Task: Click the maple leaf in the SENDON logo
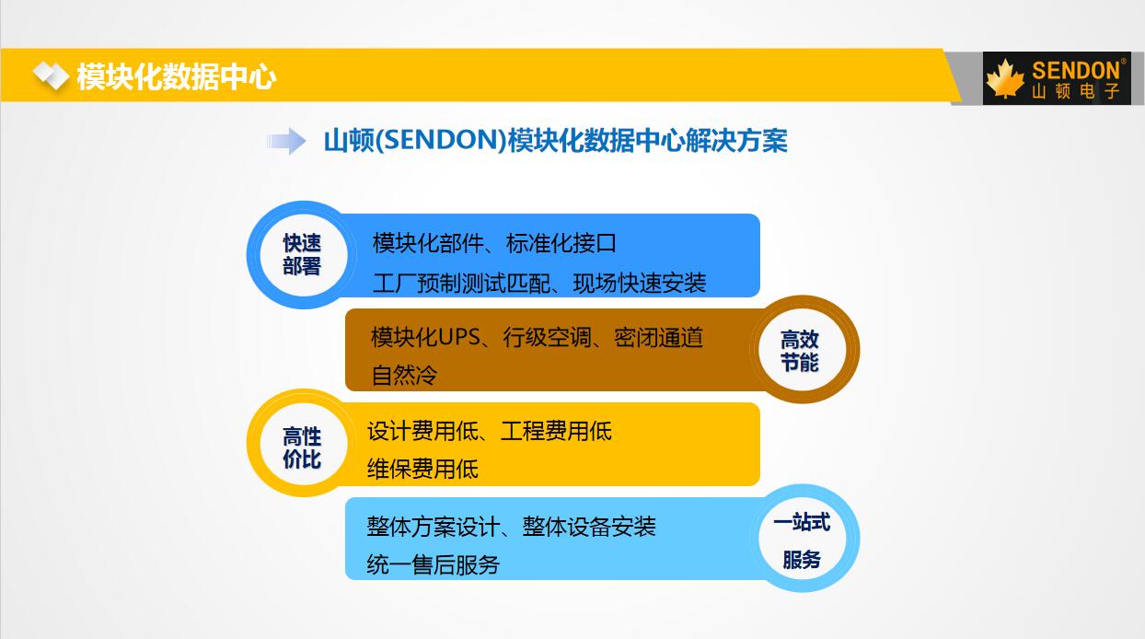pyautogui.click(x=1005, y=78)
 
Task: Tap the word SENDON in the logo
pyautogui.click(x=1075, y=71)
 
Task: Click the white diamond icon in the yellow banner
pyautogui.click(x=51, y=76)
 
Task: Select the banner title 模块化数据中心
pyautogui.click(x=177, y=77)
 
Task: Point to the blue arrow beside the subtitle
pyautogui.click(x=286, y=141)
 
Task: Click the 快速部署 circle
pyautogui.click(x=302, y=254)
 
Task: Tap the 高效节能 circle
pyautogui.click(x=800, y=350)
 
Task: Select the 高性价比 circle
pyautogui.click(x=302, y=443)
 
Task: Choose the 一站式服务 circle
pyautogui.click(x=801, y=539)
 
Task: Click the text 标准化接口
pyautogui.click(x=561, y=243)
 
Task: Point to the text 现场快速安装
pyautogui.click(x=639, y=284)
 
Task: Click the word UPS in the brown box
pyautogui.click(x=458, y=337)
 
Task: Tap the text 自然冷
pyautogui.click(x=404, y=376)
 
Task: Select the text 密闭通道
pyautogui.click(x=658, y=337)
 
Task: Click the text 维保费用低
pyautogui.click(x=422, y=469)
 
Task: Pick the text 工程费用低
pyautogui.click(x=556, y=431)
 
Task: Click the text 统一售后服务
pyautogui.click(x=433, y=564)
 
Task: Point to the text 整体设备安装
pyautogui.click(x=589, y=527)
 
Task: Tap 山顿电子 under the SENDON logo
pyautogui.click(x=1075, y=91)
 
